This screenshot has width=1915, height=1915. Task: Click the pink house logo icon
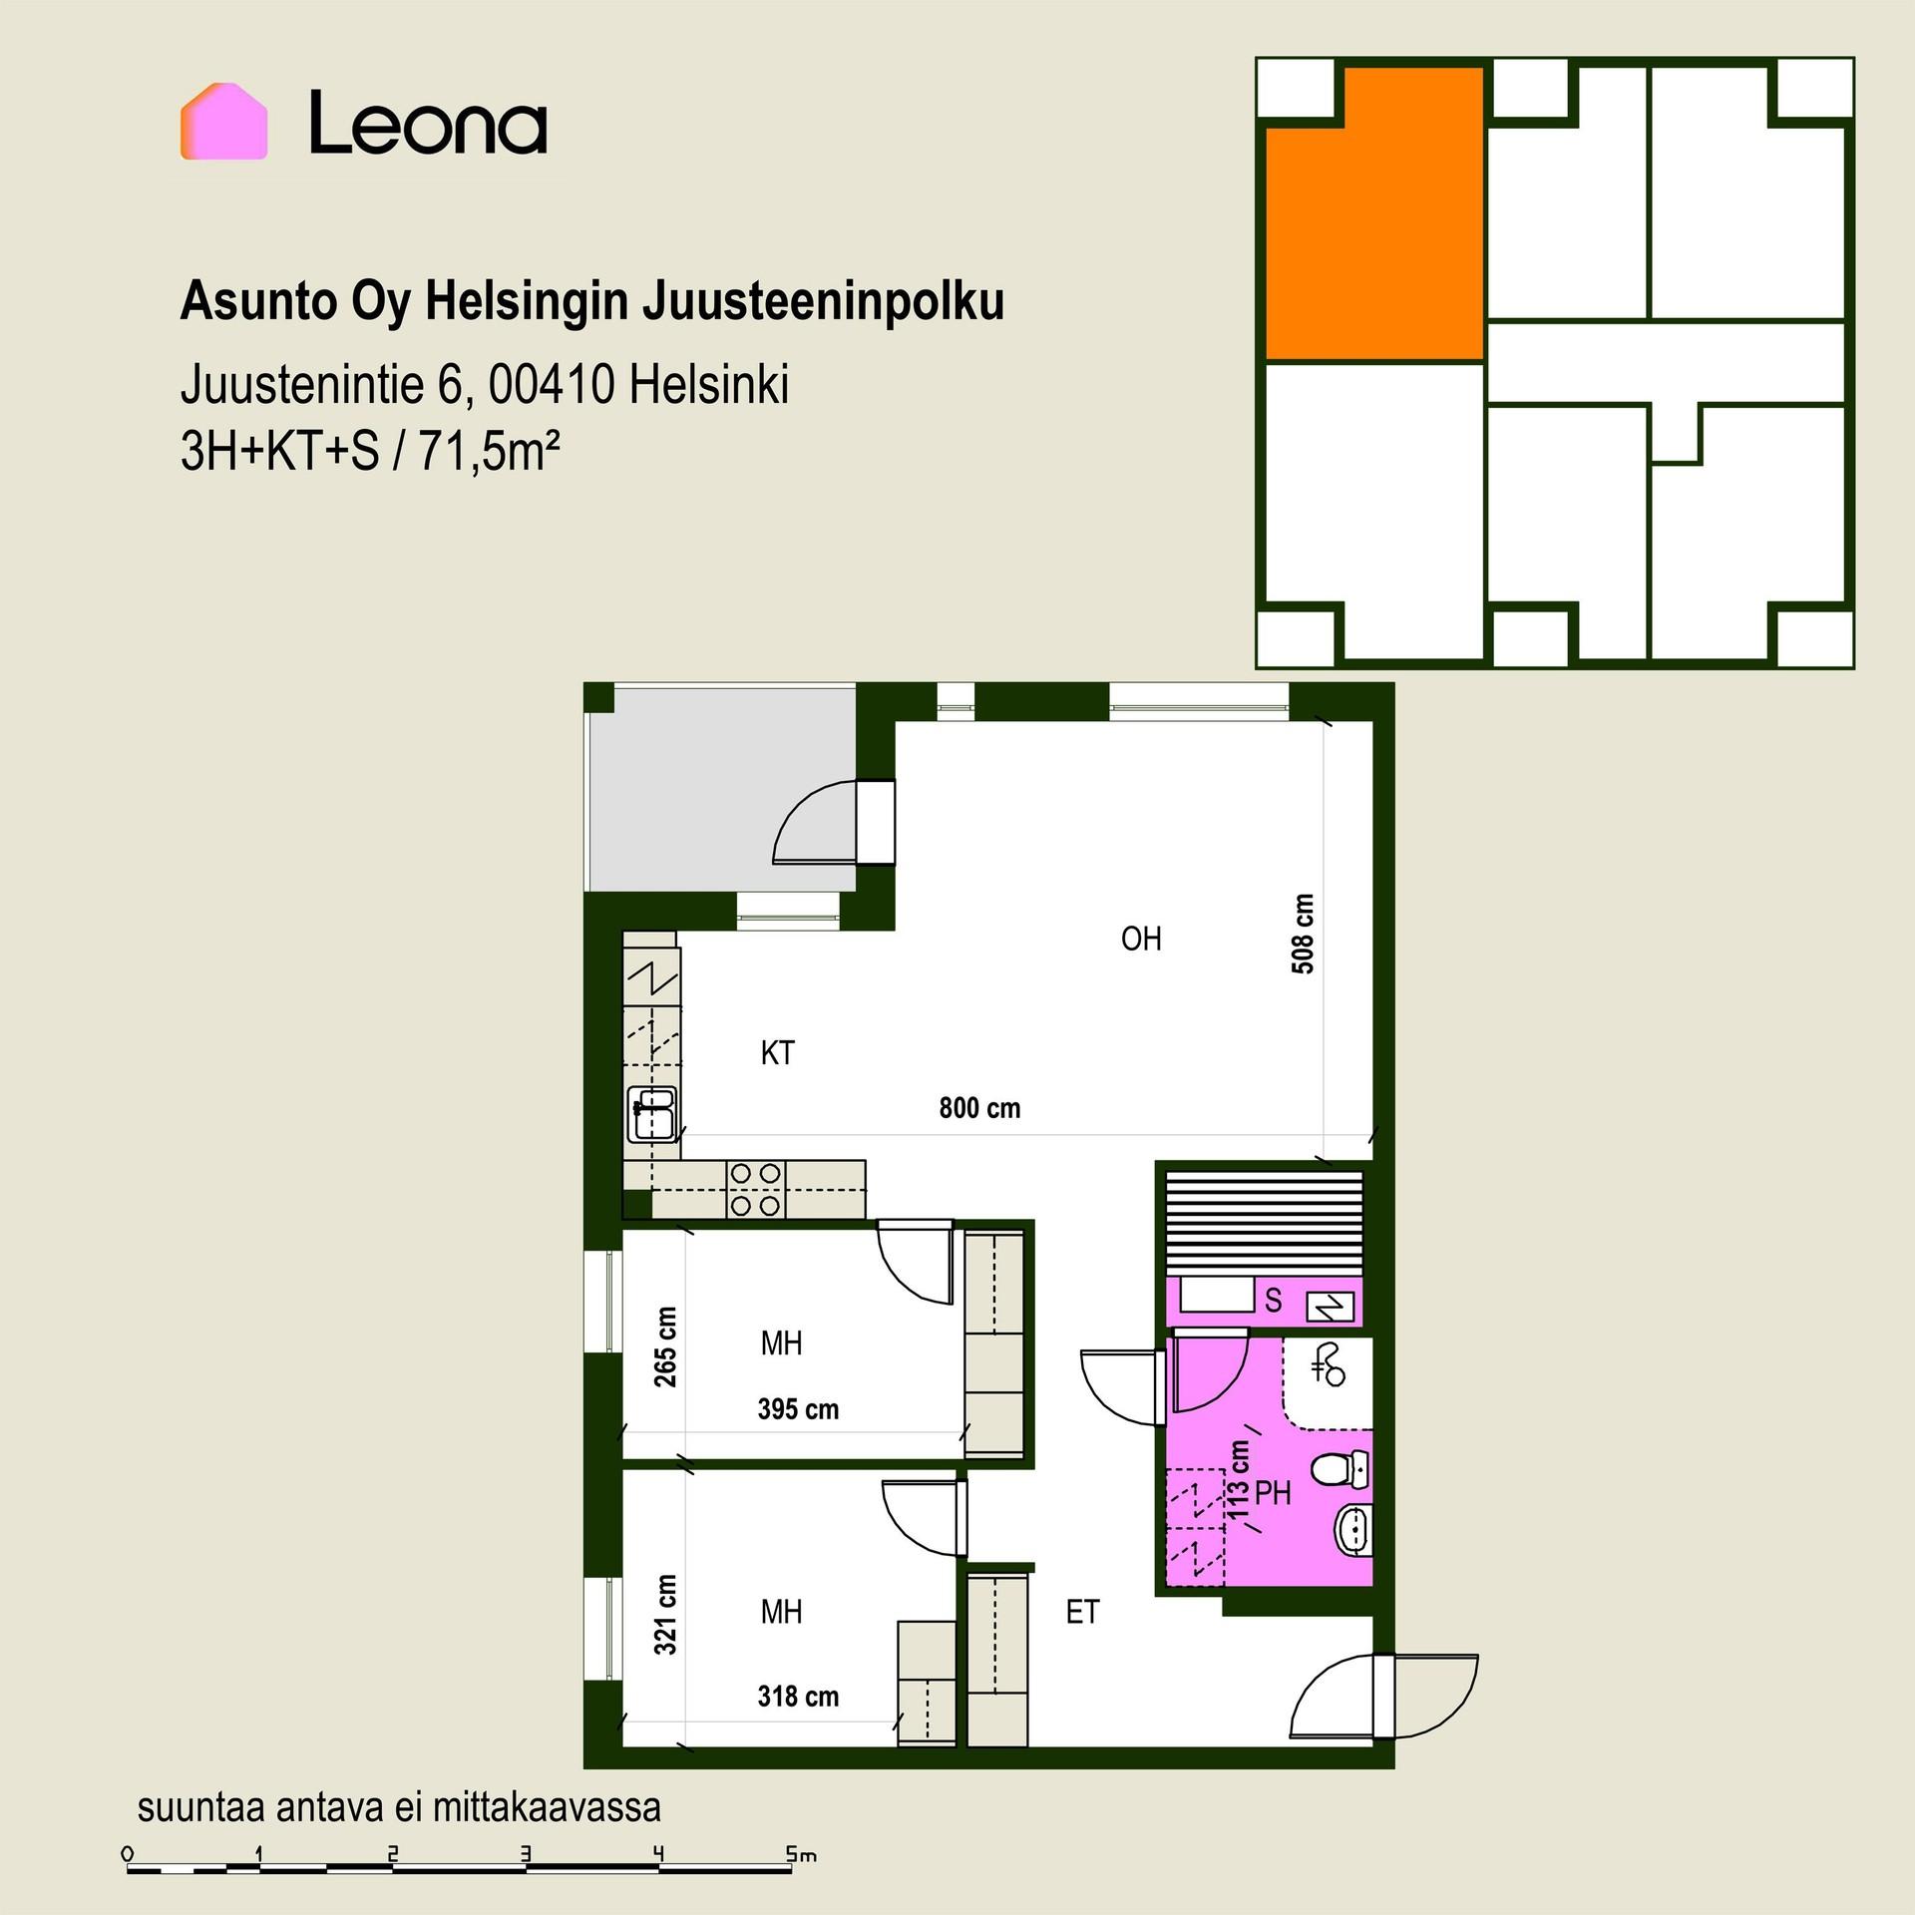[223, 121]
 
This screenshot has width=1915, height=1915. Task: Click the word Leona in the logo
[428, 123]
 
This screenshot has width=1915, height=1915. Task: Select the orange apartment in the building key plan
[1374, 213]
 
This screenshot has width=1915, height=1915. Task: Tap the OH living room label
[1141, 939]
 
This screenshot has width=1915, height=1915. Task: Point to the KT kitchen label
[777, 1052]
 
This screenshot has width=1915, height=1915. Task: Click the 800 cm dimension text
[979, 1108]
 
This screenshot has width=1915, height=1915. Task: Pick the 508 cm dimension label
[1303, 934]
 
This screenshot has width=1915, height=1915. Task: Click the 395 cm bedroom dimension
[798, 1409]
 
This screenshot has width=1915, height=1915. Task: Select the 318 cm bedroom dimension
[798, 1697]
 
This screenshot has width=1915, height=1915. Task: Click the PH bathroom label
[1273, 1493]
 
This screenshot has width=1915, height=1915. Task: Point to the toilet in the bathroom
[1340, 1467]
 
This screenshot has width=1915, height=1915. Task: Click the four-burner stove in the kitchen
[755, 1189]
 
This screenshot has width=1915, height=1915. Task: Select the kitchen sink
[652, 1114]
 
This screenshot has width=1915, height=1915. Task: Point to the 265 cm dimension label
[665, 1346]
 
